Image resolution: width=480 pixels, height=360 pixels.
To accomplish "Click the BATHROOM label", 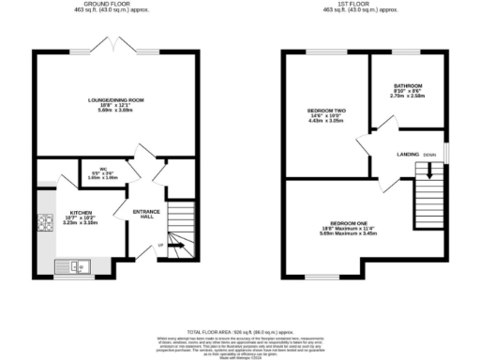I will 407,85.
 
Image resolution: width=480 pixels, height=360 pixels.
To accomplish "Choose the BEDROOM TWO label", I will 326,111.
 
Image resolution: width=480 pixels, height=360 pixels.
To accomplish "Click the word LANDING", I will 408,154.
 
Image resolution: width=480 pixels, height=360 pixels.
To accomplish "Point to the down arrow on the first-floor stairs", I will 430,170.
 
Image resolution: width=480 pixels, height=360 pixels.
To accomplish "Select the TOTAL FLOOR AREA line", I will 239,331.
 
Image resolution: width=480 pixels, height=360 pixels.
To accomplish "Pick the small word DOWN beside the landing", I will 429,154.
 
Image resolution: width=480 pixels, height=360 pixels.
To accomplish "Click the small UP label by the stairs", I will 159,246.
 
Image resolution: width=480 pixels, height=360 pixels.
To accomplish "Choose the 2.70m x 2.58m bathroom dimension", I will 407,97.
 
